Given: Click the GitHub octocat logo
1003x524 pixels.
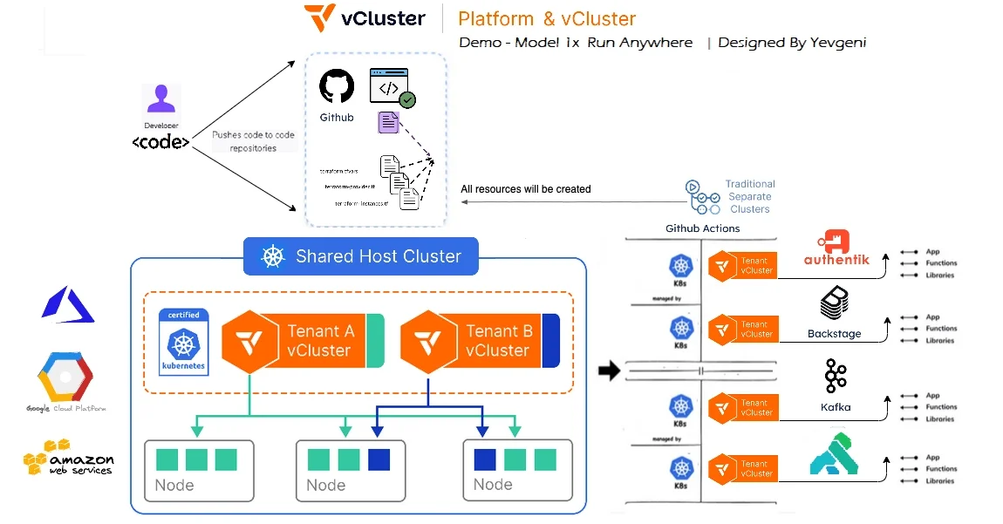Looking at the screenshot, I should pyautogui.click(x=337, y=88).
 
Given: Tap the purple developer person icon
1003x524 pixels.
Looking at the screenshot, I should pyautogui.click(x=161, y=101).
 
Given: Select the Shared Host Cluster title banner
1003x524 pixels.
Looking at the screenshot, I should pyautogui.click(x=360, y=256).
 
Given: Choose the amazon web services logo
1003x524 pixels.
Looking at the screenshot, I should pyautogui.click(x=68, y=457).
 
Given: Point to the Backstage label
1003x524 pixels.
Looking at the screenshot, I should pyautogui.click(x=834, y=334).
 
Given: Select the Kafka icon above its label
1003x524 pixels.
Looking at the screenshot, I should pyautogui.click(x=836, y=378).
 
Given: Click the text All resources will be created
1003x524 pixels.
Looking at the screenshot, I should pyautogui.click(x=526, y=189).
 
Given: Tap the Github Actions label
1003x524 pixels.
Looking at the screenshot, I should pyautogui.click(x=702, y=228).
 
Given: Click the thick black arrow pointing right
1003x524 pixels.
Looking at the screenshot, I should pyautogui.click(x=609, y=371).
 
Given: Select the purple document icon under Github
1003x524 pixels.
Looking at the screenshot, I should pyautogui.click(x=388, y=122).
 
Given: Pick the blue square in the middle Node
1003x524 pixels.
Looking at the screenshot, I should pyautogui.click(x=379, y=459).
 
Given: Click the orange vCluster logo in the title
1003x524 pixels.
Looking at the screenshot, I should pyautogui.click(x=319, y=17).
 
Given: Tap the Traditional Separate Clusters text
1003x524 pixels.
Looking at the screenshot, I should pyautogui.click(x=749, y=196).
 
